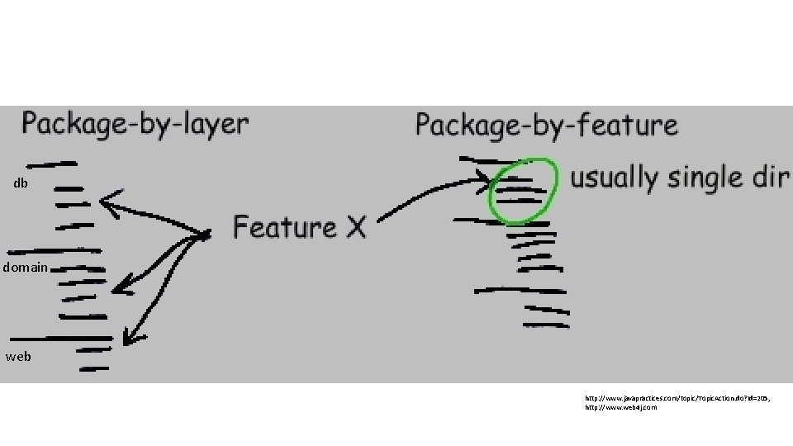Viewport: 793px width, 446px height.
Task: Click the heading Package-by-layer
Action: pos(135,124)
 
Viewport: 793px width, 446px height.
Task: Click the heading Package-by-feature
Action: pos(546,126)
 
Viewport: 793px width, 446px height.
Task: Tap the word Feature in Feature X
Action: pos(284,226)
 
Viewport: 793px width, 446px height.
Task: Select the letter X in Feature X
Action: pos(354,227)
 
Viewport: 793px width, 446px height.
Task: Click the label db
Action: pos(21,183)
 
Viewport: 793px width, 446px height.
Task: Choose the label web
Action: pos(18,357)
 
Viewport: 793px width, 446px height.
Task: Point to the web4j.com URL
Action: pos(621,407)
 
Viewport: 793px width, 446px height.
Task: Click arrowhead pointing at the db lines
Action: pos(104,201)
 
